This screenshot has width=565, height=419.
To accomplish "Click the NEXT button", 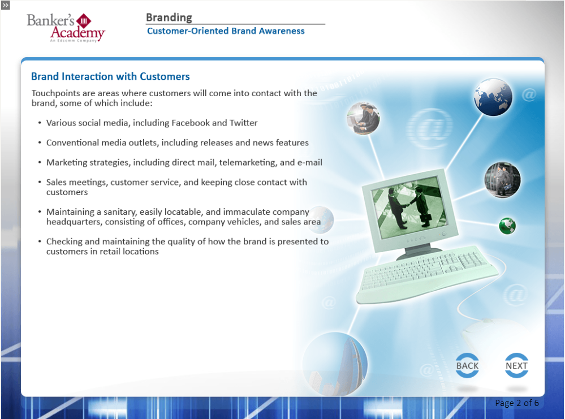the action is [x=516, y=365].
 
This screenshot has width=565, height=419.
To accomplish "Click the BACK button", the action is [x=467, y=365].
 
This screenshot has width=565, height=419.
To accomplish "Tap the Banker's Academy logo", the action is [x=66, y=28].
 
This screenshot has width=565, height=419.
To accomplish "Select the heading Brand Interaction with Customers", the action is [x=110, y=76].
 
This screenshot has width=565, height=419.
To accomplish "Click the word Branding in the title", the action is [x=169, y=18].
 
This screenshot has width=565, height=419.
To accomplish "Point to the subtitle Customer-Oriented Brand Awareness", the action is [x=226, y=31].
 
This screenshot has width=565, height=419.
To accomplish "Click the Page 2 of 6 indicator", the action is [x=517, y=403].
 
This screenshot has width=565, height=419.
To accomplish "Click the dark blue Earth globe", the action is [x=493, y=97].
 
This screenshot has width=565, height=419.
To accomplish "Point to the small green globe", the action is [x=507, y=226].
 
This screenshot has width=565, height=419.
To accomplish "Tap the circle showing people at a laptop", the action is [x=363, y=118].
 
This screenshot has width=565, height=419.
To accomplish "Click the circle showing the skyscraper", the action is [x=335, y=364].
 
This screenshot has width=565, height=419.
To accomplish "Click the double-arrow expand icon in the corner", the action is [x=6, y=5].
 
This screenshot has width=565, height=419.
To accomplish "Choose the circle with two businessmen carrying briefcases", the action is [x=502, y=180].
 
